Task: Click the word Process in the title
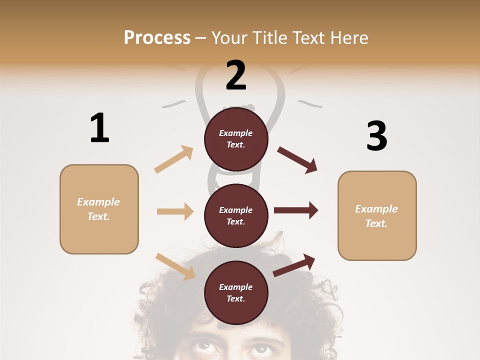tap(157, 38)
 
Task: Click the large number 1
tap(99, 128)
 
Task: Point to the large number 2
tap(236, 75)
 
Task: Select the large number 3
tap(376, 136)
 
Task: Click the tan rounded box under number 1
tap(99, 209)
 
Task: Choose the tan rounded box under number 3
tap(377, 215)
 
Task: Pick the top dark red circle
tap(236, 139)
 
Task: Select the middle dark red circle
tap(236, 215)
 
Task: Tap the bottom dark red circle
tap(236, 292)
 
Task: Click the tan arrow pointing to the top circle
tap(174, 159)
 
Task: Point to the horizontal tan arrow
tap(175, 211)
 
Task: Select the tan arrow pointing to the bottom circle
tap(175, 266)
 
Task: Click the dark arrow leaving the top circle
tap(297, 160)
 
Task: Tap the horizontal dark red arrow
tap(295, 210)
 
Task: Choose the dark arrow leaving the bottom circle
tap(294, 265)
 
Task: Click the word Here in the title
tap(349, 38)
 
